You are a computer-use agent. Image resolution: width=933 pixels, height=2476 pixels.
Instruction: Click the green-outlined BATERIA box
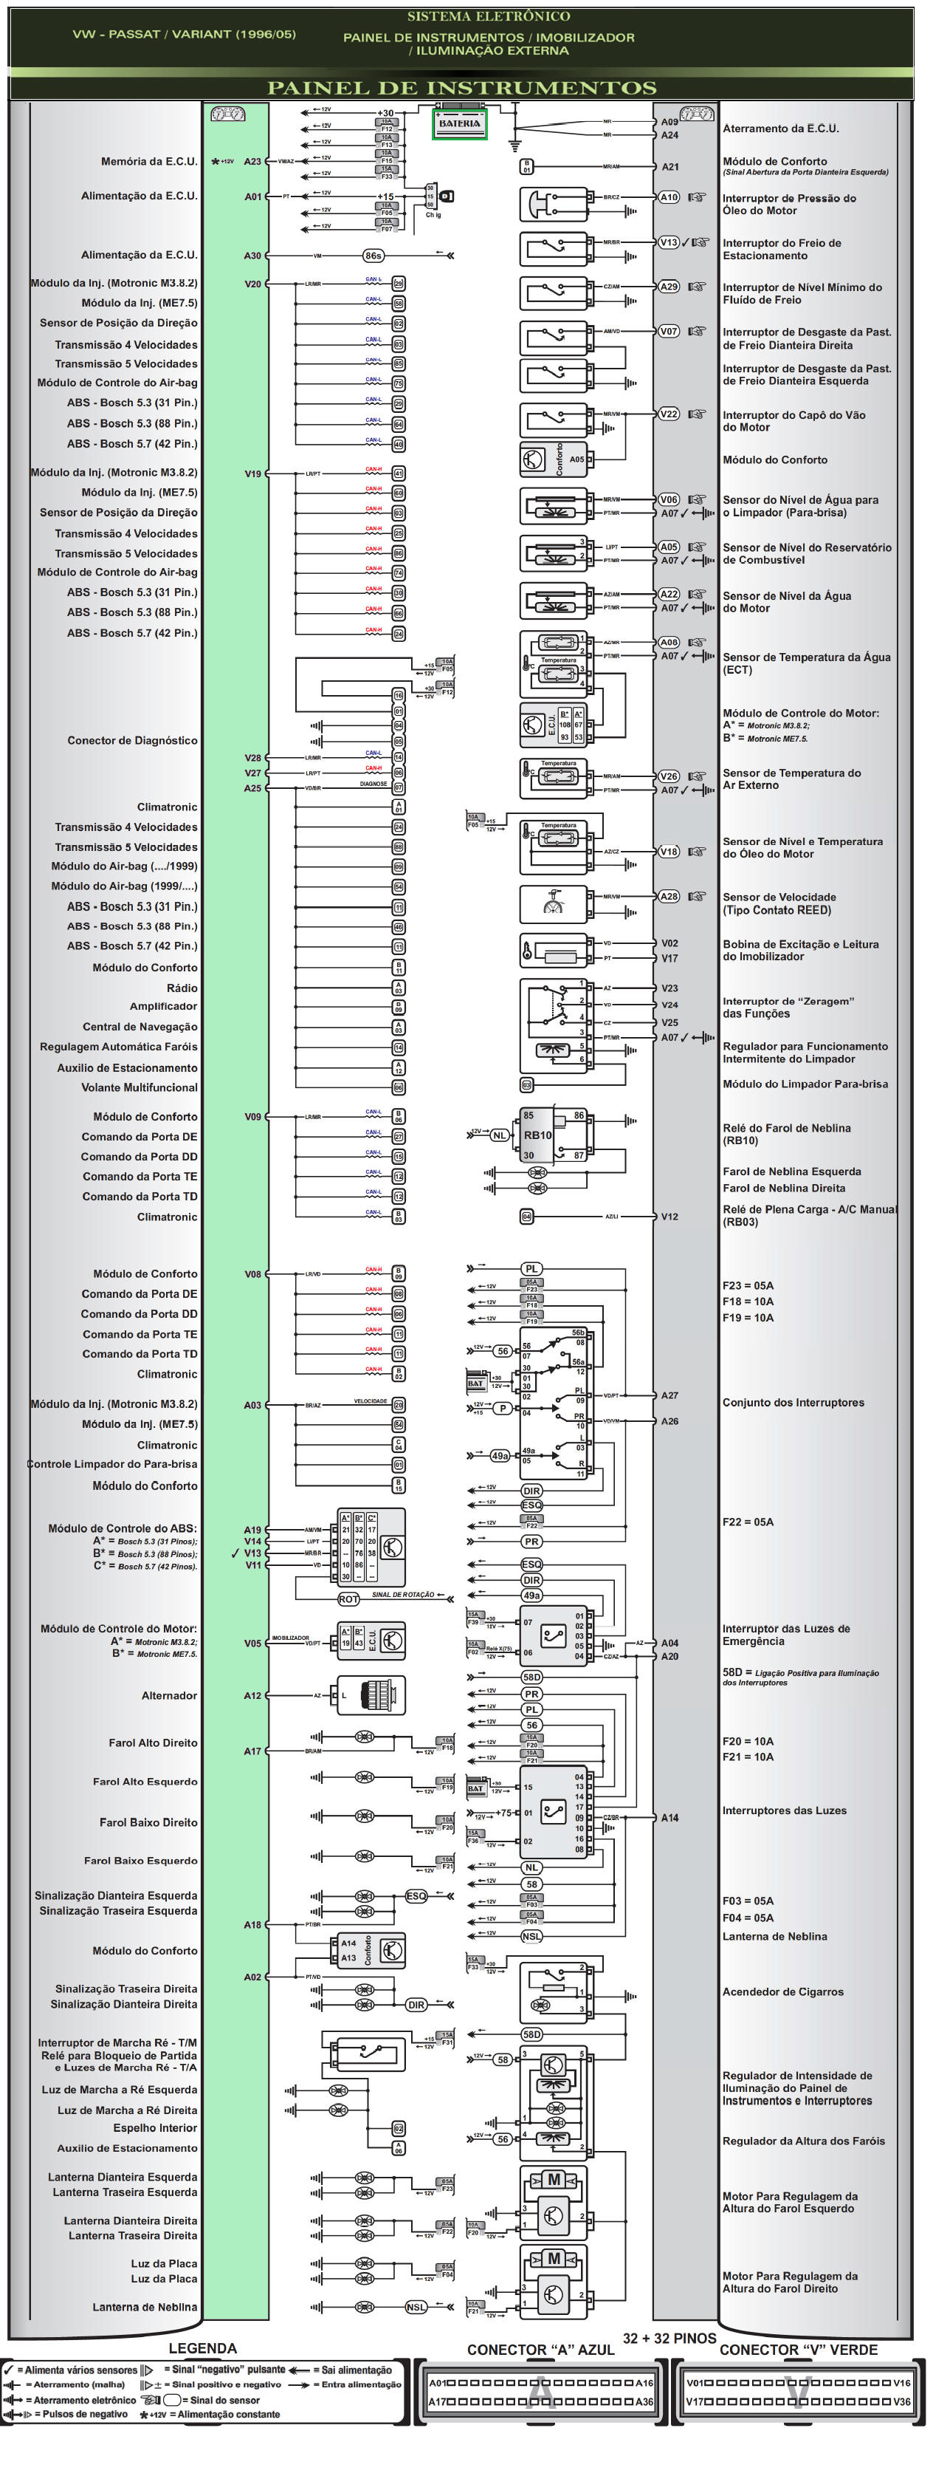pyautogui.click(x=459, y=124)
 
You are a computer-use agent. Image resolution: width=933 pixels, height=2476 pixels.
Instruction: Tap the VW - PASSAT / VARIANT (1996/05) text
pyautogui.click(x=184, y=35)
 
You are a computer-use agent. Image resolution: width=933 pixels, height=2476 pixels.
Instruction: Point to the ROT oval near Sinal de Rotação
pyautogui.click(x=348, y=1599)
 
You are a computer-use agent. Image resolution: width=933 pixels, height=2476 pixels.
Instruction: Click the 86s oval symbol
pyautogui.click(x=373, y=256)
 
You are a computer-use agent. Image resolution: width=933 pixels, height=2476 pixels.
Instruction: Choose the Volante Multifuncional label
pyautogui.click(x=140, y=1088)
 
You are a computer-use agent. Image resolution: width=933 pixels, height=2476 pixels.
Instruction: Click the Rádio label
pyautogui.click(x=182, y=988)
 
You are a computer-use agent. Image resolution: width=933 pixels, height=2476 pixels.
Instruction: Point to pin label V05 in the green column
pyautogui.click(x=252, y=1644)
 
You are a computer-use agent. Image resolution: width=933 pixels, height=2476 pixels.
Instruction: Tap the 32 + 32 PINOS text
pyautogui.click(x=669, y=2339)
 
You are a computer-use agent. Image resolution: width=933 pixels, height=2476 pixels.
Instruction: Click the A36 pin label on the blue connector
pyautogui.click(x=644, y=2402)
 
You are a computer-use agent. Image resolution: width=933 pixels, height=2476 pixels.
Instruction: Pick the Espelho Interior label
pyautogui.click(x=155, y=2128)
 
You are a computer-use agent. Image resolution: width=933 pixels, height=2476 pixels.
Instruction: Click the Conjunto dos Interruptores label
pyautogui.click(x=793, y=1403)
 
